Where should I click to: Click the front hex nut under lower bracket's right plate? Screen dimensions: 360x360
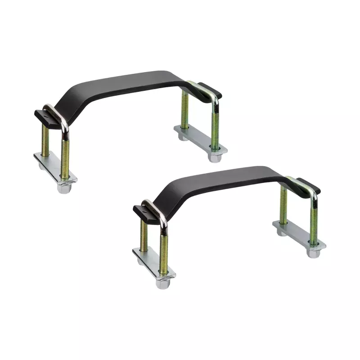tap(313, 252)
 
